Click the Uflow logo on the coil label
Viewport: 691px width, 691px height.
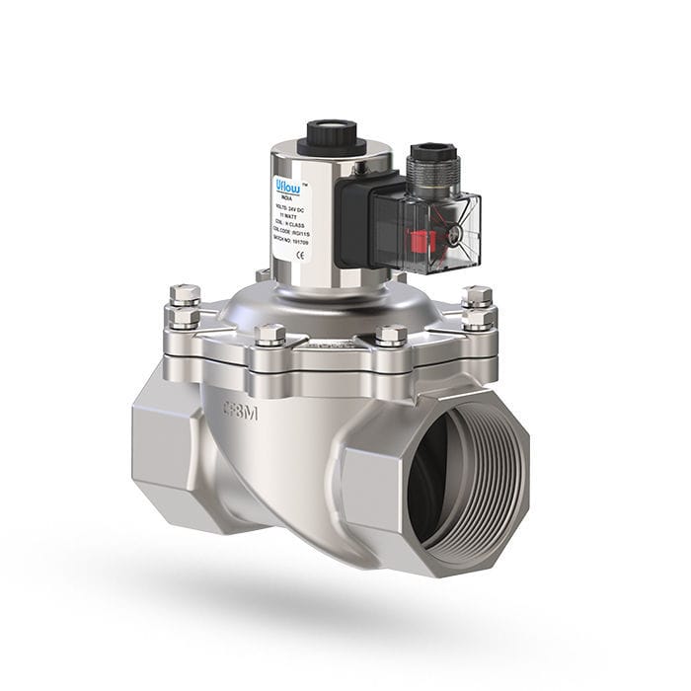point(290,185)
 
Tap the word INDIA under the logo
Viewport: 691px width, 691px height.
point(289,197)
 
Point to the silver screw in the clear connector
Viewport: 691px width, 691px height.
point(455,235)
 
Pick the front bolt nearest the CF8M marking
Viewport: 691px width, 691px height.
point(269,336)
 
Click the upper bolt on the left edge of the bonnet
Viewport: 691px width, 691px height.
point(184,294)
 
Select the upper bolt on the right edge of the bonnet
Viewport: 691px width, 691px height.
point(477,295)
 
